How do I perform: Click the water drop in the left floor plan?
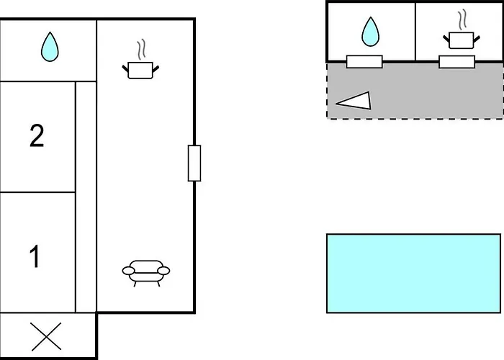point(49,47)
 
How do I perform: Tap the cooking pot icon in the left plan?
point(140,70)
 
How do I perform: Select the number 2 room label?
point(37,135)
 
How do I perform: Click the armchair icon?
point(146,272)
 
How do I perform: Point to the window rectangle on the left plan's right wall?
point(194,163)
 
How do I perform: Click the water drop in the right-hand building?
point(370,32)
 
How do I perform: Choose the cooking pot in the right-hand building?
point(460,40)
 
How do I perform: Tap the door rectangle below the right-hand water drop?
point(364,62)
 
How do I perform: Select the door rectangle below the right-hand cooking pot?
point(456,62)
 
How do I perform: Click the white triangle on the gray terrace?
point(356,102)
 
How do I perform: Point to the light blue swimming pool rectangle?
point(413,273)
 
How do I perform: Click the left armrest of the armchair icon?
point(128,271)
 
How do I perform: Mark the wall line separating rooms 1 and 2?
point(37,192)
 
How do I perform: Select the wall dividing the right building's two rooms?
point(415,32)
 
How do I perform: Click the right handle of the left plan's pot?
point(154,68)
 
